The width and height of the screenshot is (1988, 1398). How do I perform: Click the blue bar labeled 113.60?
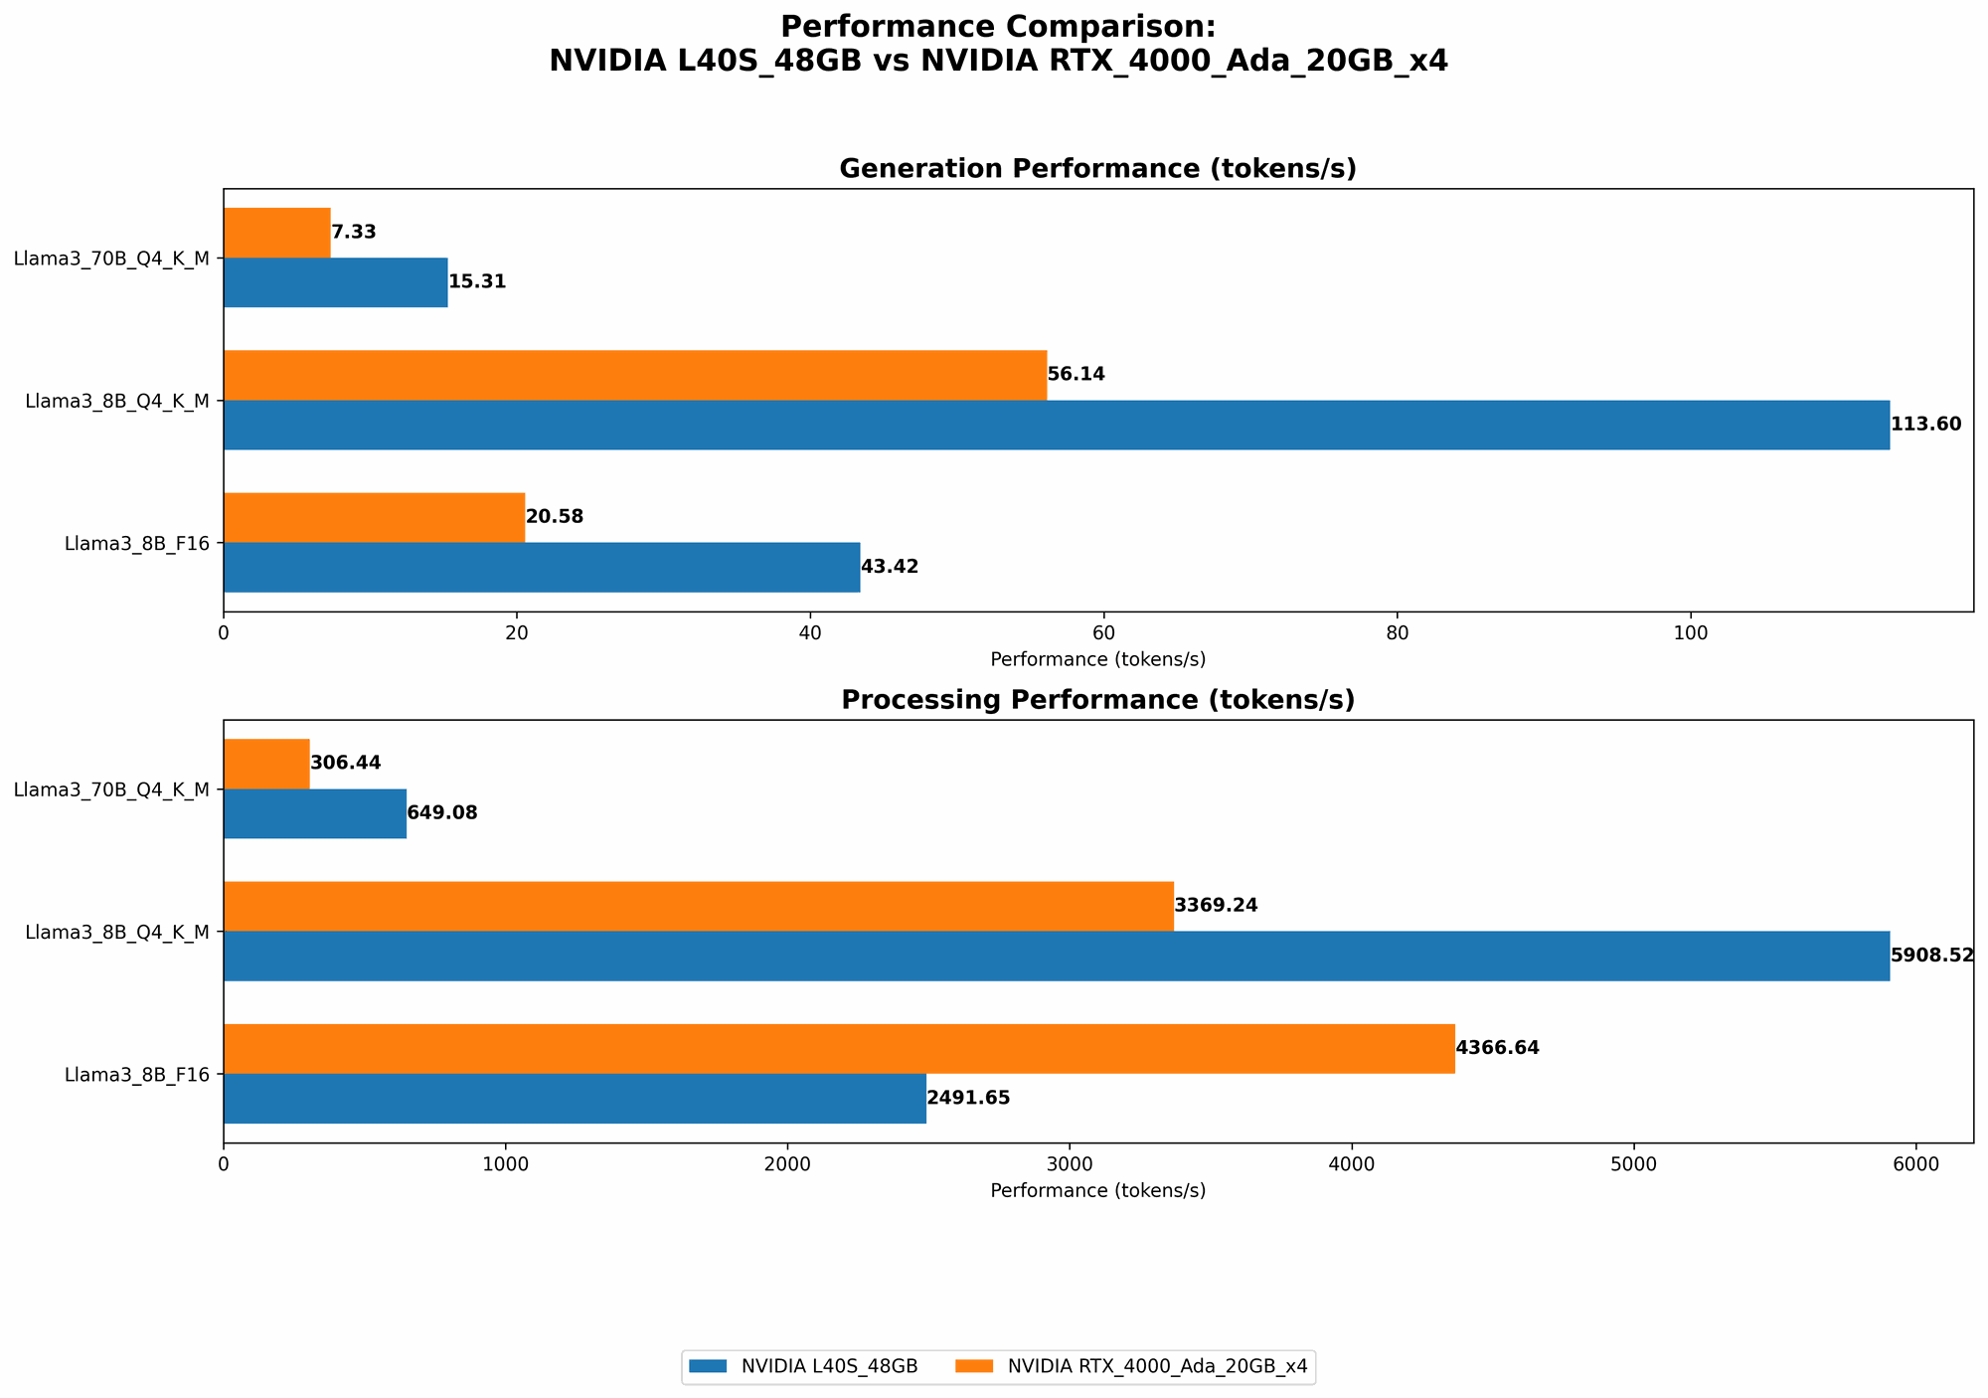(1056, 426)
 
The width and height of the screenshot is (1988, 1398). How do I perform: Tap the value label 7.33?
(353, 233)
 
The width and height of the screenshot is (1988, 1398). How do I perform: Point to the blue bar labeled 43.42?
(542, 568)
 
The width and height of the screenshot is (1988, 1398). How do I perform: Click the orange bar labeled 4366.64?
(839, 1049)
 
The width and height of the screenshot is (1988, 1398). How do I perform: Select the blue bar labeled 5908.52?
(1056, 957)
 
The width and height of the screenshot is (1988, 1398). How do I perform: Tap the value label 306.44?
(346, 764)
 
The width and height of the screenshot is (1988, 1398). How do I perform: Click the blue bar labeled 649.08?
(315, 813)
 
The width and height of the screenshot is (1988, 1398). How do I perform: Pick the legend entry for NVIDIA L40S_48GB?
(800, 1367)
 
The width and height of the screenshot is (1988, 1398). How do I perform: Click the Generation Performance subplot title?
(1097, 169)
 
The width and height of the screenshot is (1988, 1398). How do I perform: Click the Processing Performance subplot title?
(1097, 700)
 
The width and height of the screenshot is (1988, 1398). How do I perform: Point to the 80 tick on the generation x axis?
(1397, 631)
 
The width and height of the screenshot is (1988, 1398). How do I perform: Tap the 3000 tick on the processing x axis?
(1070, 1163)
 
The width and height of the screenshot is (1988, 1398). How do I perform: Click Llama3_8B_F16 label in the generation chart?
(137, 544)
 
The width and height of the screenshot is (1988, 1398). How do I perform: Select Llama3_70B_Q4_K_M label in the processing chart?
(111, 789)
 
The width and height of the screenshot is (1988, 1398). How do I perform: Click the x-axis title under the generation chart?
(1097, 659)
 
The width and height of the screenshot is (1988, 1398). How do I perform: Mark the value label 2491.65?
(968, 1099)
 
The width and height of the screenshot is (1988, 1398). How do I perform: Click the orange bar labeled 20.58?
(374, 518)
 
